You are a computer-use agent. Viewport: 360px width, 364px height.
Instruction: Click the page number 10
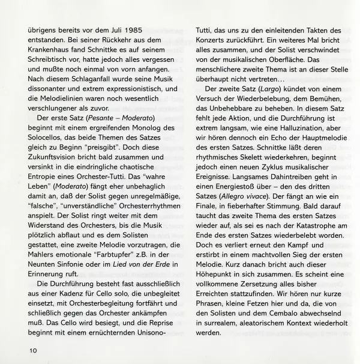click(31, 348)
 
